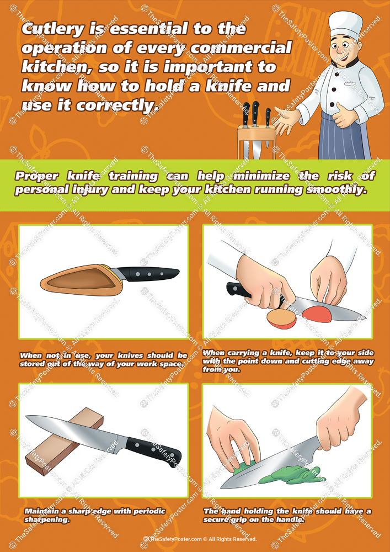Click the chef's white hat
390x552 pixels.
click(x=346, y=25)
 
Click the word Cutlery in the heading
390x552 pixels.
click(x=52, y=29)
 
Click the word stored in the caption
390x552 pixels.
click(x=35, y=364)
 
